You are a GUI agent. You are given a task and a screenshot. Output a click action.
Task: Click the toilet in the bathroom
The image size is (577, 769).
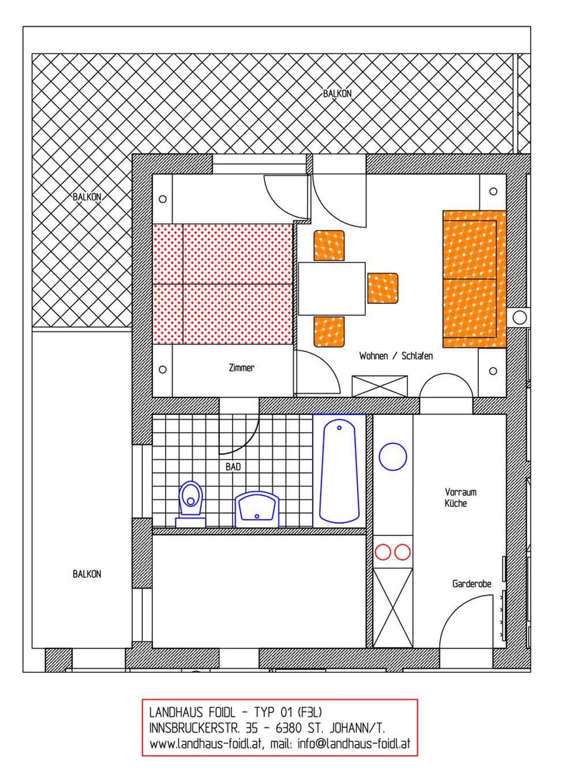pos(190,504)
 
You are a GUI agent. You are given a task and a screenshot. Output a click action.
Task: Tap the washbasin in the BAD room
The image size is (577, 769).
pos(257,509)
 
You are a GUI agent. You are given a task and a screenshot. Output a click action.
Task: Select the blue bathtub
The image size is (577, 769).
pos(339,471)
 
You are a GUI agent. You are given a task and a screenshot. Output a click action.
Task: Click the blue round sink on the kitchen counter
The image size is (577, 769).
pos(393,456)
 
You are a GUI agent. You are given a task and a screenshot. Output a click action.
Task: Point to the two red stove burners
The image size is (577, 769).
pos(392,553)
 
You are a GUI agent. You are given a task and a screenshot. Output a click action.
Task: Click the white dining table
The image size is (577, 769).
pos(332,288)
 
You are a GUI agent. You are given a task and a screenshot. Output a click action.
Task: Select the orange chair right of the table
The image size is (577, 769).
pos(383,288)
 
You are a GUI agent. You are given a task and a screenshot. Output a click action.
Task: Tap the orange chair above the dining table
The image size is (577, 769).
pos(329,246)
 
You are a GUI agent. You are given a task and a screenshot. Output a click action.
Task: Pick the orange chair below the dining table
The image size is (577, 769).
pos(329,332)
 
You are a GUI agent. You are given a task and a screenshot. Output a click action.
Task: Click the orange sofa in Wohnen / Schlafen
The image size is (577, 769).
pos(474,279)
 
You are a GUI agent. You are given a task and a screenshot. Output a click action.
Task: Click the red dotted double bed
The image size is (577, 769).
pos(223,284)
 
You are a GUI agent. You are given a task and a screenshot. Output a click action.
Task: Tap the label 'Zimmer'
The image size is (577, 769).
pos(241,368)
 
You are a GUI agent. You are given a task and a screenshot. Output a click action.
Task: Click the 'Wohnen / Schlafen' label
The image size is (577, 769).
pos(396,356)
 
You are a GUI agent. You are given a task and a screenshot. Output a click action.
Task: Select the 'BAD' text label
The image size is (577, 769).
pos(233,467)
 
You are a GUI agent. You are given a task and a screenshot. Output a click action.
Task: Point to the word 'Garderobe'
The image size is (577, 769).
pos(471,584)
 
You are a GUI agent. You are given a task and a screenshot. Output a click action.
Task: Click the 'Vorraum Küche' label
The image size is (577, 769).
pos(460,497)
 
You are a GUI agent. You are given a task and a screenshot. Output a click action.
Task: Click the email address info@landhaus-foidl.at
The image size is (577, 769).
pos(354,744)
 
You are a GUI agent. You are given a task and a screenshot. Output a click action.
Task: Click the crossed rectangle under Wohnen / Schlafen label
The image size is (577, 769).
pos(380,386)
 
